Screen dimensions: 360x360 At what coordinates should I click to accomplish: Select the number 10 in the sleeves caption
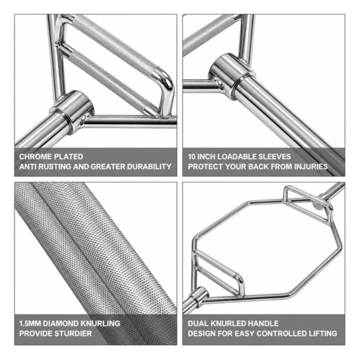[x=192, y=157]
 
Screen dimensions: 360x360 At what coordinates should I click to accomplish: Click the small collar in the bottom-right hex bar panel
[x=199, y=296]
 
